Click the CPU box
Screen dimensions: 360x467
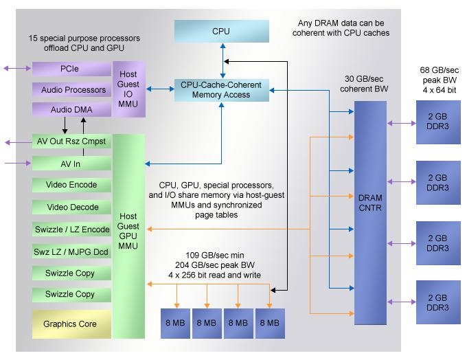[220, 32]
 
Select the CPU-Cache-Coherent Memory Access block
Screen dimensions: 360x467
[221, 90]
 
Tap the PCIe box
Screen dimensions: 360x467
[71, 69]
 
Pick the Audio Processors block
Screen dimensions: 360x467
[71, 90]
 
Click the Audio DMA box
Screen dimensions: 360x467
[71, 110]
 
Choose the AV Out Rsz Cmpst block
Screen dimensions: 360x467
[71, 142]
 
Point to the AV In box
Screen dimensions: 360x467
[71, 164]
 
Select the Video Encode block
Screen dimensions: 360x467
[71, 185]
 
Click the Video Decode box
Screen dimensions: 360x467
[71, 207]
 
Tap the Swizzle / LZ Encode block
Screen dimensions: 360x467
[71, 229]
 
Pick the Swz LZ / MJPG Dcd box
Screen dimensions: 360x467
[71, 251]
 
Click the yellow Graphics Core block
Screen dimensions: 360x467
[71, 324]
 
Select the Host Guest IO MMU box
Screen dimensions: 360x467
[128, 89]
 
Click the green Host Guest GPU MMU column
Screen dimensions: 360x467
[128, 234]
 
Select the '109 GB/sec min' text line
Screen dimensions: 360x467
[216, 256]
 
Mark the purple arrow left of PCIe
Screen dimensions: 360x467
[17, 69]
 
